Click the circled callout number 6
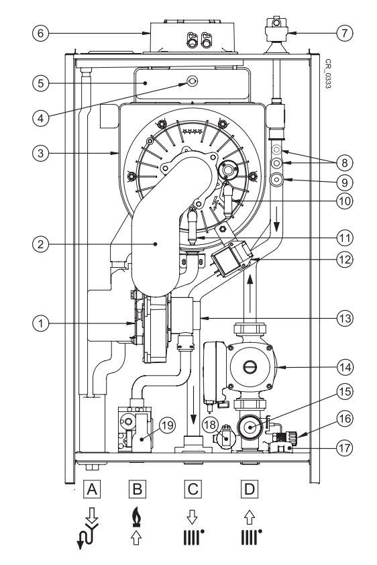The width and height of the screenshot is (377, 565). coord(40,33)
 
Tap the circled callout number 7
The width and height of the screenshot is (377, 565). coord(345,33)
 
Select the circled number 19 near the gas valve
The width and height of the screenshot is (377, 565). coord(167,425)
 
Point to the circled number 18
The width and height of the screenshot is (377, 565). coord(210,425)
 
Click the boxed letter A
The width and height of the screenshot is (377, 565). coord(92,489)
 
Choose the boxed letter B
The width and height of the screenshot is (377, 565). coord(138,489)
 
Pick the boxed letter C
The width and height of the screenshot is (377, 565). coord(193,489)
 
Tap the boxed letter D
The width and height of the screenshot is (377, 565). coord(249,489)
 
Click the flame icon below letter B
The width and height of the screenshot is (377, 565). coord(136,517)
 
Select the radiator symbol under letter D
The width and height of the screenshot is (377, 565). coord(252,537)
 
